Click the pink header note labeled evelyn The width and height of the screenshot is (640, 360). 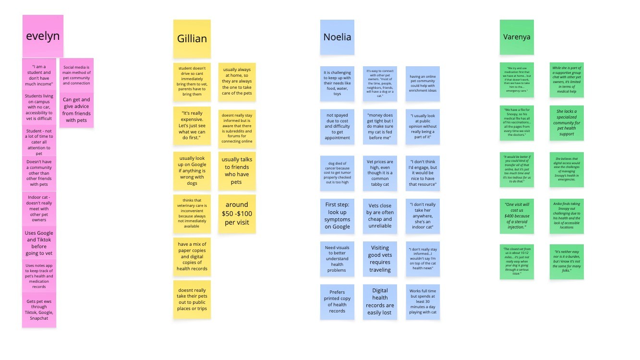(x=43, y=36)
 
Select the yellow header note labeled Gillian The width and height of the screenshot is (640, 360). (x=192, y=38)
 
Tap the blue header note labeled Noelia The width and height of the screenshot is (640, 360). (x=337, y=37)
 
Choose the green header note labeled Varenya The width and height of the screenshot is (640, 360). (x=517, y=37)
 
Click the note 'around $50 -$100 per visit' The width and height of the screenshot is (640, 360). (x=237, y=214)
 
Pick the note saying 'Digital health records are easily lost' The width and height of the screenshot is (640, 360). (x=380, y=301)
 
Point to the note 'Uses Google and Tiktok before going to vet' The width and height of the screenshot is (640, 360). (x=39, y=243)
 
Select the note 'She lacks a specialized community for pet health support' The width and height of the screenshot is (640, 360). (x=567, y=123)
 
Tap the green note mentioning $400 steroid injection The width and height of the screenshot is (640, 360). (x=517, y=216)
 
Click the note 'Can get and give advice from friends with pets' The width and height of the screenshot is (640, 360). (x=76, y=110)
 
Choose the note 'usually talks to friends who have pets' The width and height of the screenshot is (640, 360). (x=237, y=171)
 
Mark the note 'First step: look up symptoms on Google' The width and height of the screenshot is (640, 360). (x=337, y=216)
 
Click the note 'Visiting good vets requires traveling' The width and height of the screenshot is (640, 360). (x=380, y=259)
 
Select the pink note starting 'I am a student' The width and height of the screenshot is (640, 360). (x=39, y=75)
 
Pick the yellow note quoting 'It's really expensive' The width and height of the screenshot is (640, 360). (x=192, y=125)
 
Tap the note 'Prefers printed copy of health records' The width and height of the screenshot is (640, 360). (x=337, y=301)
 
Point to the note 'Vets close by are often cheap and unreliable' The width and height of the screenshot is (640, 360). (x=380, y=216)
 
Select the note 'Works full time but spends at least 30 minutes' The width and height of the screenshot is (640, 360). (x=423, y=301)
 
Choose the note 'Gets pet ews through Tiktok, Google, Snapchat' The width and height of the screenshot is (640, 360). (x=39, y=310)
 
